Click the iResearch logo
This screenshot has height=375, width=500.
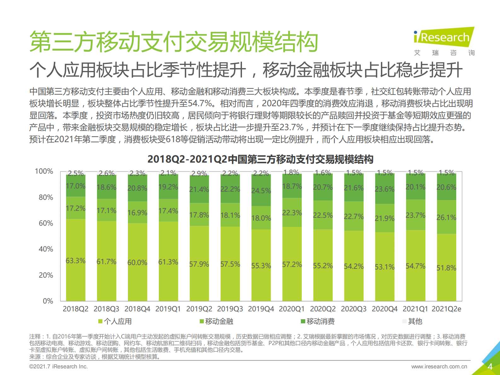tap(444, 38)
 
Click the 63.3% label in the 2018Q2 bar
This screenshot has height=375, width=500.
tap(76, 261)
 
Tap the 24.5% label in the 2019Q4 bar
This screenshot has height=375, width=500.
tap(261, 191)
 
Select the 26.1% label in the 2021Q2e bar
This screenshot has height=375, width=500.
tap(446, 217)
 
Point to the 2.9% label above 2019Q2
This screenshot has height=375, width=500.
tap(199, 174)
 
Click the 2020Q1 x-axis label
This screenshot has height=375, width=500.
tap(292, 309)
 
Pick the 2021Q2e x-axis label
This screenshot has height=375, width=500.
tap(446, 309)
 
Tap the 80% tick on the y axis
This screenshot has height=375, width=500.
tap(46, 197)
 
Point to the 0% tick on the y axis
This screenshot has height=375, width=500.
tap(48, 301)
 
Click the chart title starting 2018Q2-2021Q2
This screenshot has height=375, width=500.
tap(260, 159)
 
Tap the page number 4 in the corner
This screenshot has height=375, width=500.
tap(490, 366)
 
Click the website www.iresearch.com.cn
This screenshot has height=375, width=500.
tap(439, 366)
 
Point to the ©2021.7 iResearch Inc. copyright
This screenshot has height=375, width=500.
tap(59, 366)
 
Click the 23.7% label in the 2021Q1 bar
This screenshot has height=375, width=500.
tap(415, 215)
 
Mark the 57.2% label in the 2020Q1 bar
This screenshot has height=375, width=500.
tap(292, 264)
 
